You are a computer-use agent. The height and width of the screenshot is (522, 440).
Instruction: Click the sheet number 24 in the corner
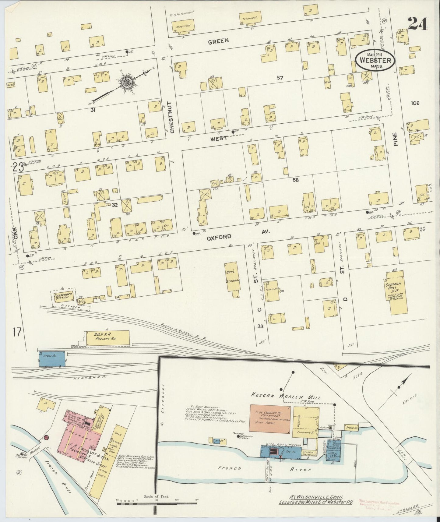418,23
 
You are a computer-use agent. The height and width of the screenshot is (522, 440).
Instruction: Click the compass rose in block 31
125,82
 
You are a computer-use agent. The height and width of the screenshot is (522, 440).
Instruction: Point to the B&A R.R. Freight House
107,337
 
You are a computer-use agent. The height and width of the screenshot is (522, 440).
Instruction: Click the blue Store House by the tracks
52,358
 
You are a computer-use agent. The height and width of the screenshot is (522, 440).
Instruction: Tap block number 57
280,78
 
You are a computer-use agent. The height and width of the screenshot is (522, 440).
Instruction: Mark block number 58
295,180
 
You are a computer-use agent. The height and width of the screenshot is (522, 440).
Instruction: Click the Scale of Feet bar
157,504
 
